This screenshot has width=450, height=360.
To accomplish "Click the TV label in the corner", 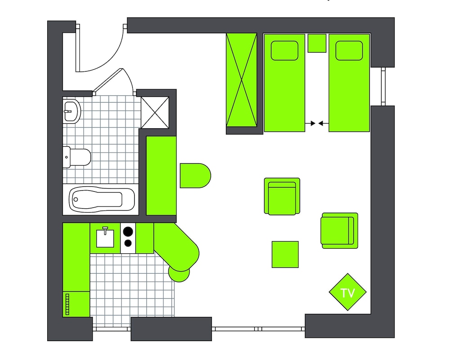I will coord(347,293).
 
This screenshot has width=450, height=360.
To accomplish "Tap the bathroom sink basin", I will coord(71,110).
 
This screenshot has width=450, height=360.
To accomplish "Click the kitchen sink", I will coord(105,237).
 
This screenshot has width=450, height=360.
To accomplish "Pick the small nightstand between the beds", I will coord(317,43).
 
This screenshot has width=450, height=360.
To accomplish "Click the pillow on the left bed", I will coord(284,50).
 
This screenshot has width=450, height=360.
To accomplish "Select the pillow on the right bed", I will coord(349,50).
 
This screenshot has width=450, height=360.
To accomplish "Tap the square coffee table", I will coord(285,254).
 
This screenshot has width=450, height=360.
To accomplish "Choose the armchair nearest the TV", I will coord(339,230).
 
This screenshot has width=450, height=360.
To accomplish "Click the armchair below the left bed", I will coord(282,196).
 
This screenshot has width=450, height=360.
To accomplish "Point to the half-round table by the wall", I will coord(195,175).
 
